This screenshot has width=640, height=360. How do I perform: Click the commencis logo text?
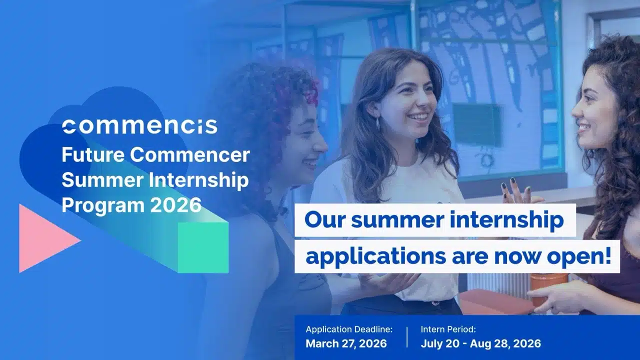(x=140, y=126)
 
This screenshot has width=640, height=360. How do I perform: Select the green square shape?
(x=203, y=247)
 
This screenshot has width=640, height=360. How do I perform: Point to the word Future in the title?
(x=92, y=155)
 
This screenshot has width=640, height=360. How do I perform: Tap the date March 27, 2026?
(x=346, y=343)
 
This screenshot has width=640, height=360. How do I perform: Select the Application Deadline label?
(x=349, y=329)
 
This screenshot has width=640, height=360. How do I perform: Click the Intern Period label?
(x=448, y=329)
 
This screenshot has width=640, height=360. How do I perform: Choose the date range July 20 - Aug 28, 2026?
(x=480, y=343)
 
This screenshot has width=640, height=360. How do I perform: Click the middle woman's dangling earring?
(x=378, y=123)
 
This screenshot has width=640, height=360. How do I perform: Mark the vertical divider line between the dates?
(x=406, y=336)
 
